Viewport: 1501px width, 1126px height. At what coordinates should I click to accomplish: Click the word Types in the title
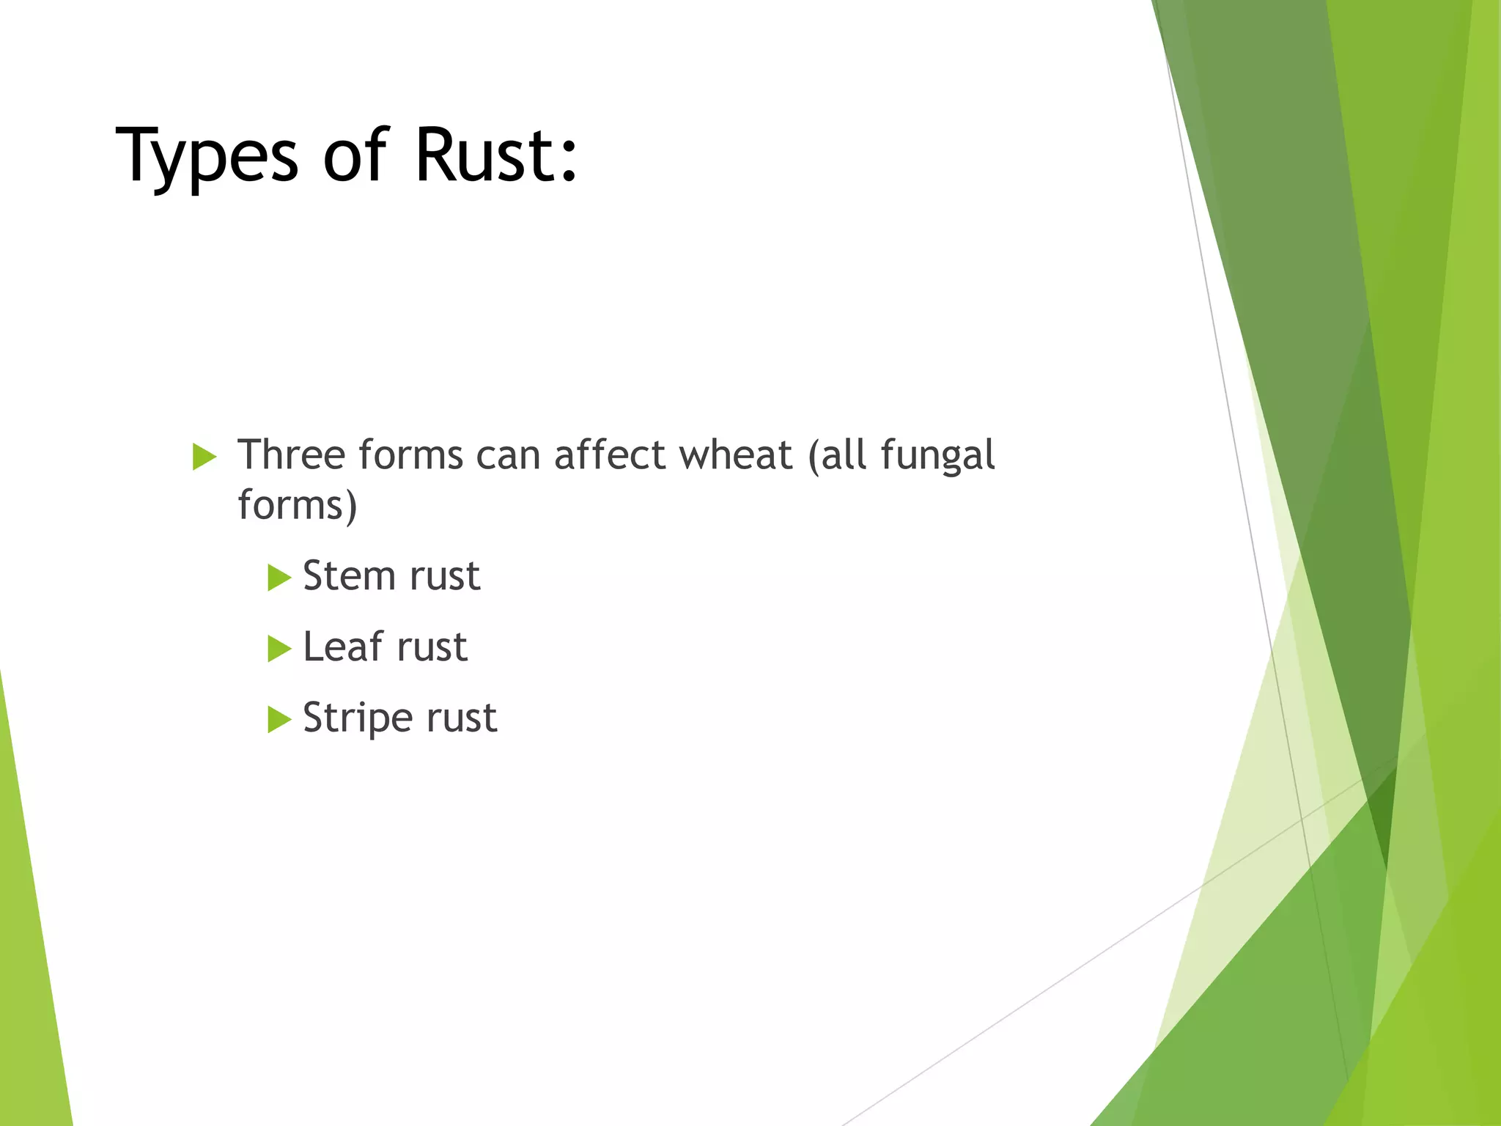click(207, 156)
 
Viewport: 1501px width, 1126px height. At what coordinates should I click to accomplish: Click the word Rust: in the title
click(496, 155)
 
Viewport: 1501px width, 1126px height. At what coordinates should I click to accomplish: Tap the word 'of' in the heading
click(355, 155)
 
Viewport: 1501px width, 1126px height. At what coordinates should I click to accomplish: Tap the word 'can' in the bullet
click(509, 456)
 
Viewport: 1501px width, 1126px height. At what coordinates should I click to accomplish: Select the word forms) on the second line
click(298, 506)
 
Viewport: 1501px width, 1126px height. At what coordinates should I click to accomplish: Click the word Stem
click(350, 575)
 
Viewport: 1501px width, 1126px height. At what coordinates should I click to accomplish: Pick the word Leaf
click(343, 647)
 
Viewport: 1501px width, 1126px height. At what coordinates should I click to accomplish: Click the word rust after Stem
click(445, 576)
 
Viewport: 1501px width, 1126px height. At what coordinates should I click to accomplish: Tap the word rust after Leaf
click(432, 647)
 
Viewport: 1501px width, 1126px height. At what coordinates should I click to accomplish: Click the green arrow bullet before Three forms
click(204, 457)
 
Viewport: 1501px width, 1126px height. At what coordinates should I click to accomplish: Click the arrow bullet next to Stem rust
click(279, 578)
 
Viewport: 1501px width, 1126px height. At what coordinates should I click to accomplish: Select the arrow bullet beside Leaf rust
click(279, 649)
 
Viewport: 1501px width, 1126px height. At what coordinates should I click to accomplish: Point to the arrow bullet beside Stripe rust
click(279, 719)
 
